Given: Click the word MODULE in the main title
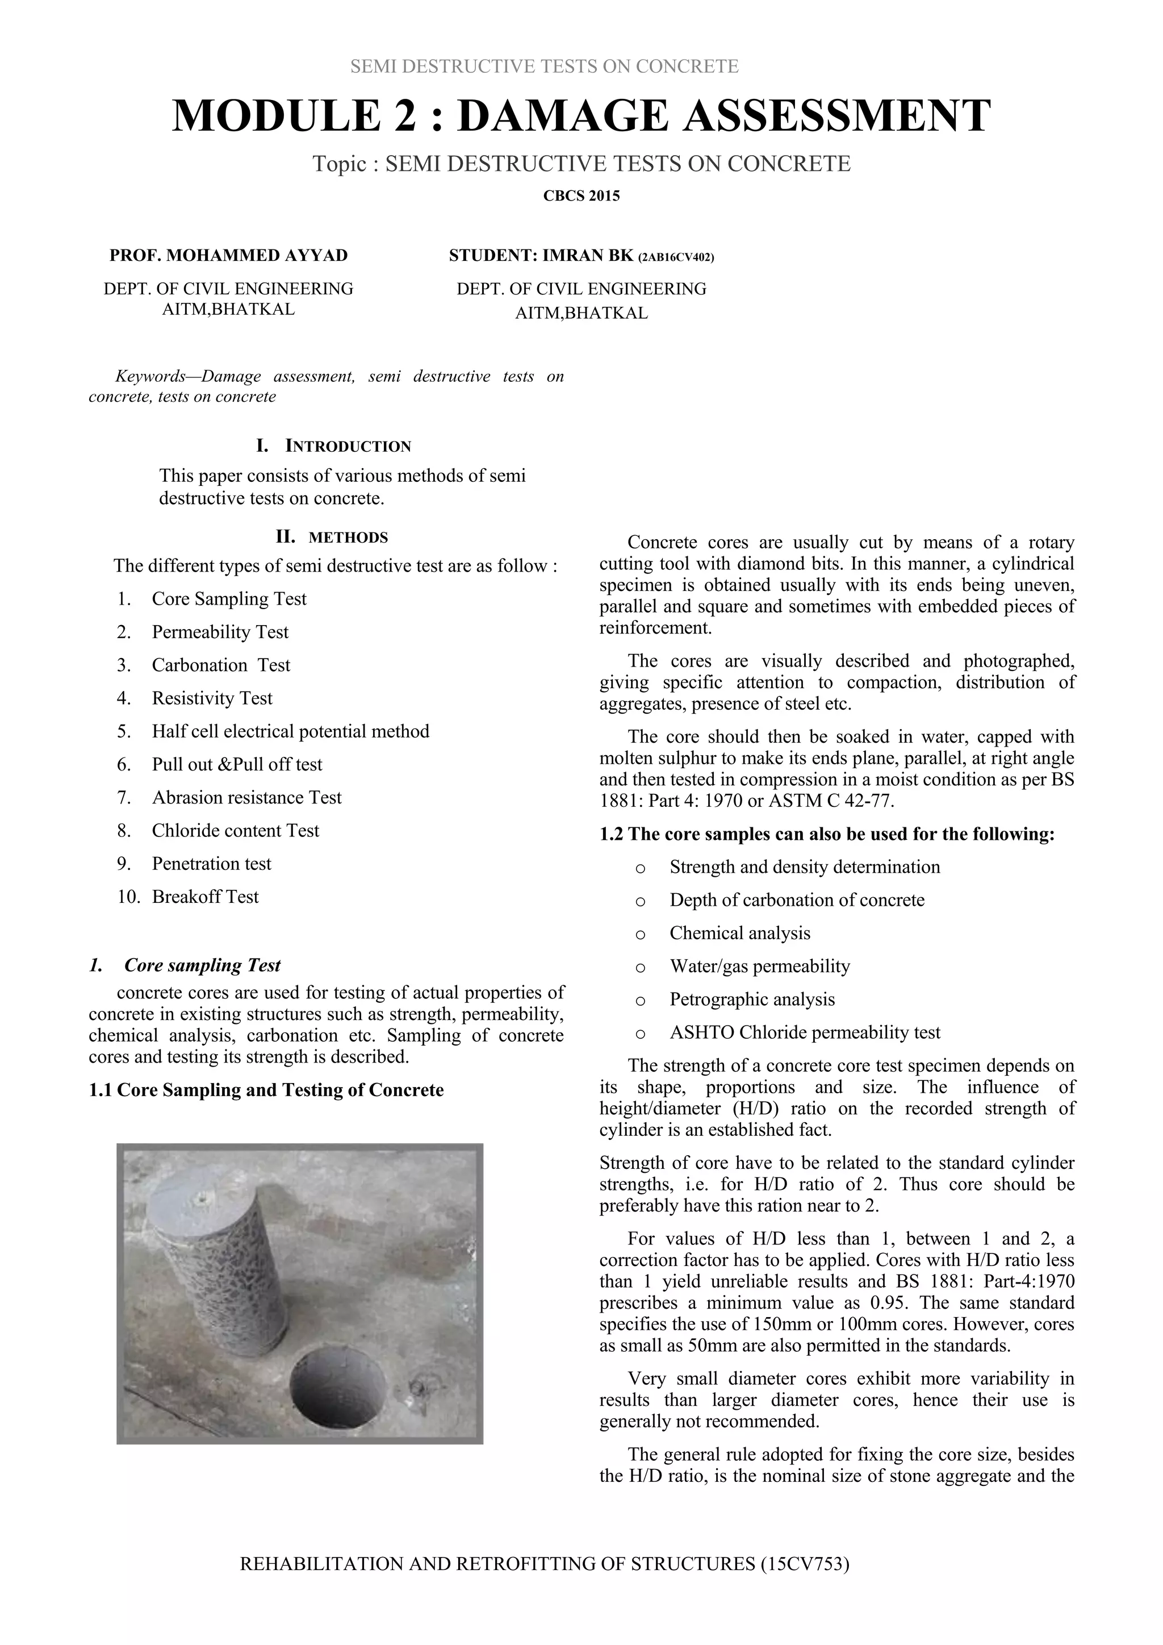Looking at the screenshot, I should pos(276,116).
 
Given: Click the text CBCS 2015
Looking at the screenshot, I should pos(581,196).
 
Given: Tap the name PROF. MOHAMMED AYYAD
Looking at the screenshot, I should pos(228,256).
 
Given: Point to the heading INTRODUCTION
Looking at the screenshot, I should pos(348,447).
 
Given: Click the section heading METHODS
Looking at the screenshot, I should pos(348,538).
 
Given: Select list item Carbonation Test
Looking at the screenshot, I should pos(220,665).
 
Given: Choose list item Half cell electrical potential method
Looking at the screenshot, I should pos(290,731).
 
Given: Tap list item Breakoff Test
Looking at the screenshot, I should pos(205,897).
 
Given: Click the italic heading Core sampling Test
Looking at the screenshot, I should pos(202,966).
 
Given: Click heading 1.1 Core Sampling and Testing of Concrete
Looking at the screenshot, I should pos(266,1090).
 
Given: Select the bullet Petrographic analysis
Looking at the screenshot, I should pos(752,1000).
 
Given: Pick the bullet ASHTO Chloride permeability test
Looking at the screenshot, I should pos(805,1032).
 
